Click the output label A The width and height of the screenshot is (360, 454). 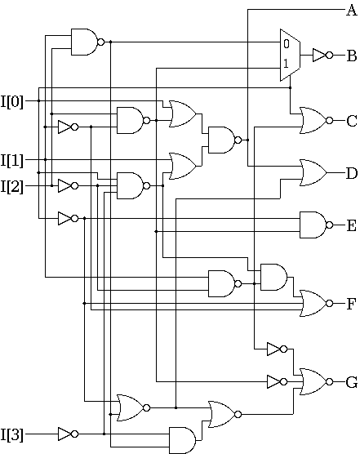[352, 11]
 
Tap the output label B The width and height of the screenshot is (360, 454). [352, 56]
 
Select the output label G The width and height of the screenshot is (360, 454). [352, 382]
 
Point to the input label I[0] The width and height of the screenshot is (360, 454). [12, 101]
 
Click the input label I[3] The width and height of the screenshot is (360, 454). [12, 434]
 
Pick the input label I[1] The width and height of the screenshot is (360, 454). [12, 160]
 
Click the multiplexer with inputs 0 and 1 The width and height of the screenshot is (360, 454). [290, 55]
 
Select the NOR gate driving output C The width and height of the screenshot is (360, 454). [316, 121]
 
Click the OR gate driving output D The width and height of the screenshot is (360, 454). [313, 172]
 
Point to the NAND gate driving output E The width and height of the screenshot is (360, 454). [316, 225]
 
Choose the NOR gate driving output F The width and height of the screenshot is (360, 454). [316, 303]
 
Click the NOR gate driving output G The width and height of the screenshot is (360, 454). [316, 382]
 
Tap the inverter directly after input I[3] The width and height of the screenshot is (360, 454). [68, 434]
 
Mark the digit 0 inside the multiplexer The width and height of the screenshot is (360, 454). [287, 44]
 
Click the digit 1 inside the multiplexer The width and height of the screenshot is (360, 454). [286, 64]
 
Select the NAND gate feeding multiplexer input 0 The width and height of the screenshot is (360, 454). [87, 42]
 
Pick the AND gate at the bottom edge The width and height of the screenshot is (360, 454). [182, 440]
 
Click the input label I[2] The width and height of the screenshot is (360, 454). [12, 186]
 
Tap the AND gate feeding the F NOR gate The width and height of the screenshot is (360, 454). [273, 277]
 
